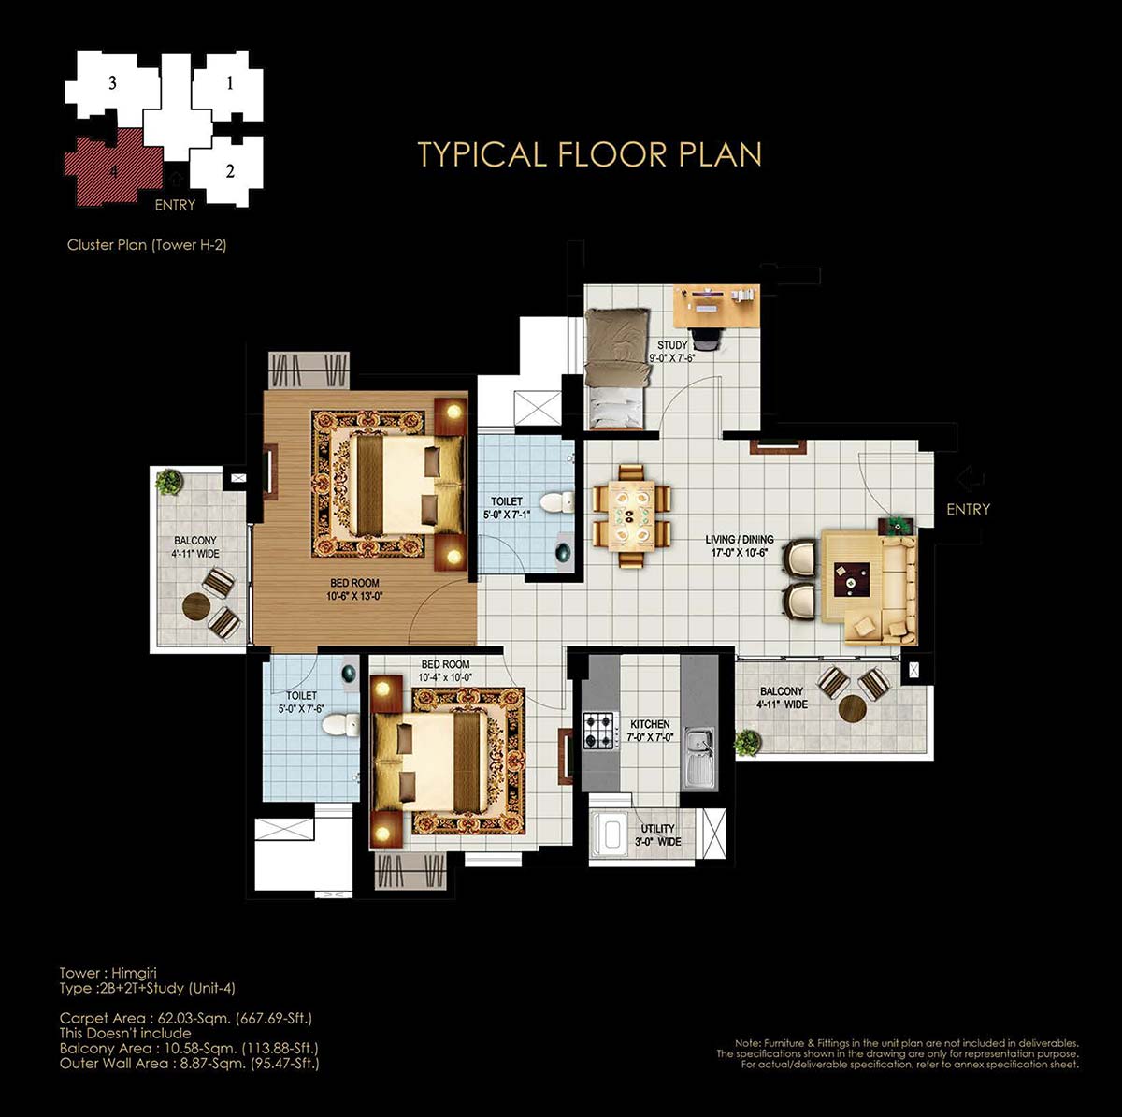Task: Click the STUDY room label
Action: (672, 345)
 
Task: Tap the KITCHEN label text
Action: (650, 724)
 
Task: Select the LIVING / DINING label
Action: (740, 540)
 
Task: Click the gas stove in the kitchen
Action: (601, 731)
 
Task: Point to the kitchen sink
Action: (697, 756)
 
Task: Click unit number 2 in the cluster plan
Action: (230, 171)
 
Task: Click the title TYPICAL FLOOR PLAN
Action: (590, 154)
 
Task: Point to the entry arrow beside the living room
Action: (970, 479)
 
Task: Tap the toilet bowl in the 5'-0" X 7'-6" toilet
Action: (341, 726)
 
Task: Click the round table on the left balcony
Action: (195, 606)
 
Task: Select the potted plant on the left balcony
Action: (169, 481)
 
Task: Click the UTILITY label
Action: (657, 829)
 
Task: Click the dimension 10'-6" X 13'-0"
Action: (354, 596)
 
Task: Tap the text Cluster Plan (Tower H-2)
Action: (147, 245)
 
